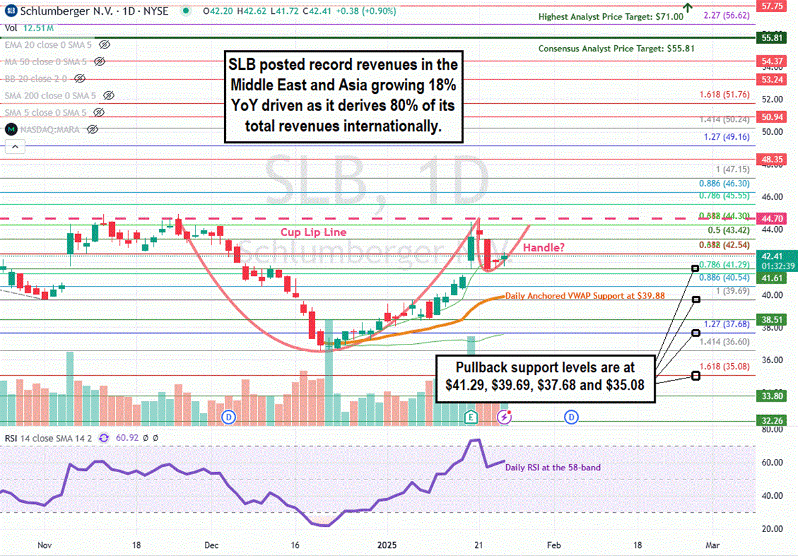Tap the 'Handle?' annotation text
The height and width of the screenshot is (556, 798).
[545, 247]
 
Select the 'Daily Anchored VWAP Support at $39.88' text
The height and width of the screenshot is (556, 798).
[586, 295]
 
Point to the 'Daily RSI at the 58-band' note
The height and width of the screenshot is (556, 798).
[553, 468]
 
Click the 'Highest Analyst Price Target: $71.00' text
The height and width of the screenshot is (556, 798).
[610, 17]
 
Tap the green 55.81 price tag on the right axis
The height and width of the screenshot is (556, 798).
[771, 39]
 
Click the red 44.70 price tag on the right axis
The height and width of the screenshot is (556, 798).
[771, 218]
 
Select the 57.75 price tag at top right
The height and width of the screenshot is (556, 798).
[771, 5]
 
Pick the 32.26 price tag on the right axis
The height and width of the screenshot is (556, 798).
[771, 420]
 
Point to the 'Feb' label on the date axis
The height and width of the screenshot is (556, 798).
[553, 545]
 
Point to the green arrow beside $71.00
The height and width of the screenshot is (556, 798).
[688, 8]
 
